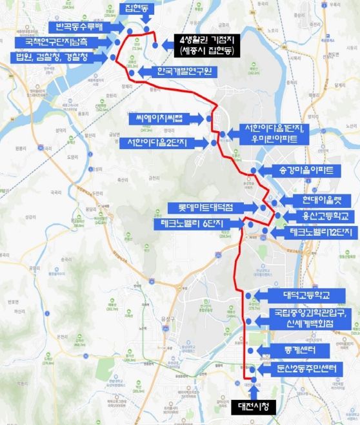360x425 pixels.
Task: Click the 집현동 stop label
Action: point(137,8)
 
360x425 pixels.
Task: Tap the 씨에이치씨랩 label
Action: point(165,119)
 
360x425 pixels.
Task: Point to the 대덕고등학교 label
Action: point(306,295)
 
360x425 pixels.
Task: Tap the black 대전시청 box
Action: point(254,406)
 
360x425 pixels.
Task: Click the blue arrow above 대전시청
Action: point(254,391)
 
